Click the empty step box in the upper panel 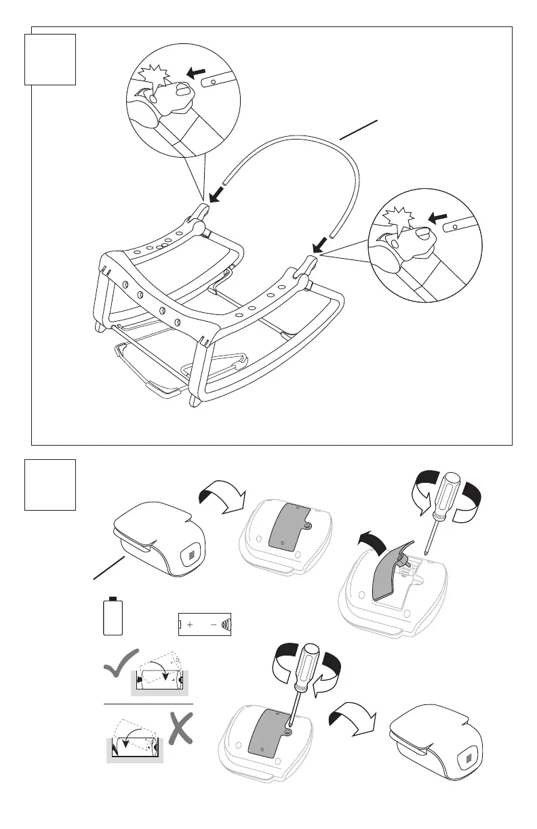point(49,60)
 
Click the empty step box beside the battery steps point(49,484)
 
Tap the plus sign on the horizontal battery point(190,624)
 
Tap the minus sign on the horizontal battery point(213,624)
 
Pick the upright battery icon point(113,616)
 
